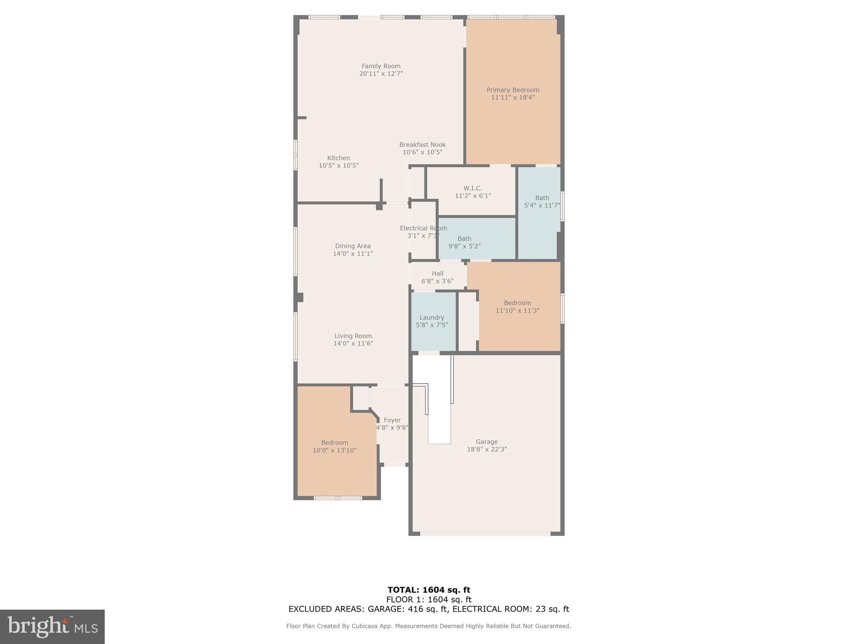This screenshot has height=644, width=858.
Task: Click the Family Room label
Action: point(381,66)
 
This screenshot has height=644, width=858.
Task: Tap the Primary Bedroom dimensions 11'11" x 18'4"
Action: point(513,98)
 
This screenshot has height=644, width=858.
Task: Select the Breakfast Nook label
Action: point(422,145)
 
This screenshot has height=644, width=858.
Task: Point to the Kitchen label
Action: point(339,158)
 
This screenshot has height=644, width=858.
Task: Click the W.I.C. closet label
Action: point(473,188)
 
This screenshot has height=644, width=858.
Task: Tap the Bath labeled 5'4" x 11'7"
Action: point(542,202)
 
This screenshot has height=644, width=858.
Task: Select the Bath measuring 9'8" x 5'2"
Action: point(464,242)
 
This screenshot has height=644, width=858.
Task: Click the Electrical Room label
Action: point(423,229)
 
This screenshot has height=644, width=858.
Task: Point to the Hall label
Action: point(437,273)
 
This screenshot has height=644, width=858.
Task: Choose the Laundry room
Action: point(432,321)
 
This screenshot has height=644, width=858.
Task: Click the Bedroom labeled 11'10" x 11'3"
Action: point(517,306)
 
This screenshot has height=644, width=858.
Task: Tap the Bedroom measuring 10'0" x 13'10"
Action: point(334,447)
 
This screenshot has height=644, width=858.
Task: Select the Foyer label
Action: point(392,420)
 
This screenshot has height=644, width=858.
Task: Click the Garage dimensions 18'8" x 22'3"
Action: point(487,449)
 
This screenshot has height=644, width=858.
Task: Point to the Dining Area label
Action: point(353,246)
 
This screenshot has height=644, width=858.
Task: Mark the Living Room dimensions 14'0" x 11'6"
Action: point(353,343)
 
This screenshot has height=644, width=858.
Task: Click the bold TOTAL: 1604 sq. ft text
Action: point(429,590)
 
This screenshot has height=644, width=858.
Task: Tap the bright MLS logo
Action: point(52,626)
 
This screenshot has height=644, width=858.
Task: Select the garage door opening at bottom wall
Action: point(485,534)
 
